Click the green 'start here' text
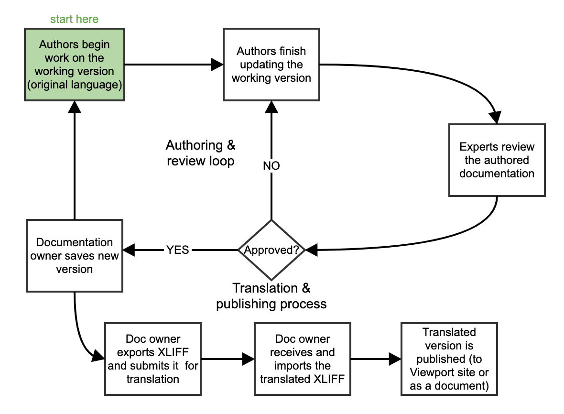pyautogui.click(x=75, y=20)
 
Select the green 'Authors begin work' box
pyautogui.click(x=74, y=64)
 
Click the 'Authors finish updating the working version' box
pyautogui.click(x=271, y=64)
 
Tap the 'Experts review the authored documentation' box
pyautogui.click(x=497, y=160)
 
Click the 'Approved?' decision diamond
pyautogui.click(x=271, y=250)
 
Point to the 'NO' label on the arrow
pyautogui.click(x=271, y=166)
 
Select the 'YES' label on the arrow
pyautogui.click(x=177, y=250)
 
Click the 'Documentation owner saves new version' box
pyautogui.click(x=75, y=255)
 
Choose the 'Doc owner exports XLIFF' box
pyautogui.click(x=153, y=359)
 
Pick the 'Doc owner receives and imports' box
pyautogui.click(x=303, y=359)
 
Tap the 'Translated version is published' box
pyautogui.click(x=449, y=359)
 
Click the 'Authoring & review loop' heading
pyautogui.click(x=201, y=153)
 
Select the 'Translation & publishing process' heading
pyautogui.click(x=271, y=296)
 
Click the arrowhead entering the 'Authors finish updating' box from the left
pyautogui.click(x=218, y=64)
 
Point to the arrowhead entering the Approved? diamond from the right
pyautogui.click(x=311, y=250)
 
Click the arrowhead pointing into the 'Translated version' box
pyautogui.click(x=395, y=359)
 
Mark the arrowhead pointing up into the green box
pyautogui.click(x=74, y=107)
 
